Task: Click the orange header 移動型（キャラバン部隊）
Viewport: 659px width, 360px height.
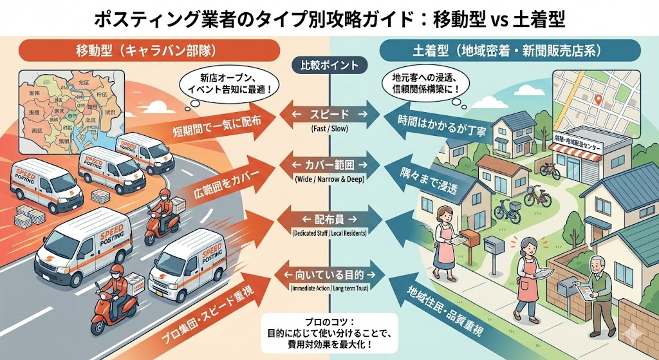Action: (x=144, y=50)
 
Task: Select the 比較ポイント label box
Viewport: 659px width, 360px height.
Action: (x=329, y=65)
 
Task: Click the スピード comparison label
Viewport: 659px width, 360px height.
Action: (x=329, y=114)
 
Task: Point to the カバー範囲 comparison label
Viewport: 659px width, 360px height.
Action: (x=329, y=164)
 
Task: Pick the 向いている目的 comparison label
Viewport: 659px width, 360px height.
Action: (x=329, y=275)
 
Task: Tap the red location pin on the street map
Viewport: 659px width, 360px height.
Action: (x=599, y=100)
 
